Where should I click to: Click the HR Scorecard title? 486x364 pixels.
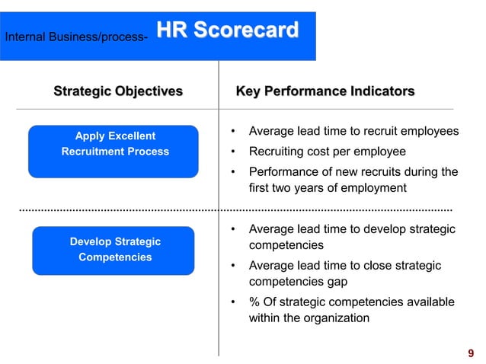pos(227,30)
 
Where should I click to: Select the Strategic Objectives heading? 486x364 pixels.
pos(118,91)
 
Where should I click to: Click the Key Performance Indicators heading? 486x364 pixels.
pos(325,91)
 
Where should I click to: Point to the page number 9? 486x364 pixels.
pos(471,353)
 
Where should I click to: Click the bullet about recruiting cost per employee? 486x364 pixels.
pos(327,151)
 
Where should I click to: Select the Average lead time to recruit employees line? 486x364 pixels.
pos(353,131)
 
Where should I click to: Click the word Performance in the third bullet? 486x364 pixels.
pos(283,171)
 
